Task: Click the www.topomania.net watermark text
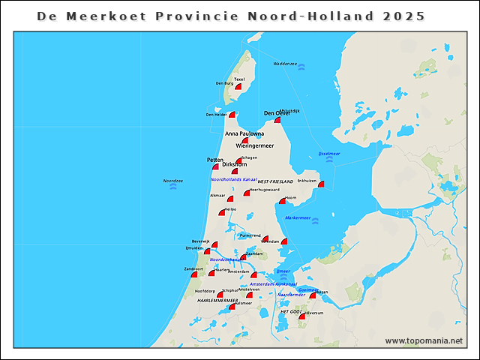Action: [424, 340]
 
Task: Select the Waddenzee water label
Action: [285, 64]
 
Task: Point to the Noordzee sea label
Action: [173, 181]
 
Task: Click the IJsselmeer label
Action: [329, 153]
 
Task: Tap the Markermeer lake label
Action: [298, 217]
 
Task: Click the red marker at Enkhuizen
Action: [321, 184]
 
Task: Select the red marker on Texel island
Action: [238, 87]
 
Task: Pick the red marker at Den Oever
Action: [277, 120]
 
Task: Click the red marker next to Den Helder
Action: [232, 115]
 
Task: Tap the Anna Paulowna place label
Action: [244, 133]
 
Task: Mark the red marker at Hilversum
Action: [301, 316]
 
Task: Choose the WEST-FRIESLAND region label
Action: [274, 181]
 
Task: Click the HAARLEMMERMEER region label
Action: [217, 300]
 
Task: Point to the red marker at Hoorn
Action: [283, 200]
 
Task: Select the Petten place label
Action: [215, 160]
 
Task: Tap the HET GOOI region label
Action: [290, 310]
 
